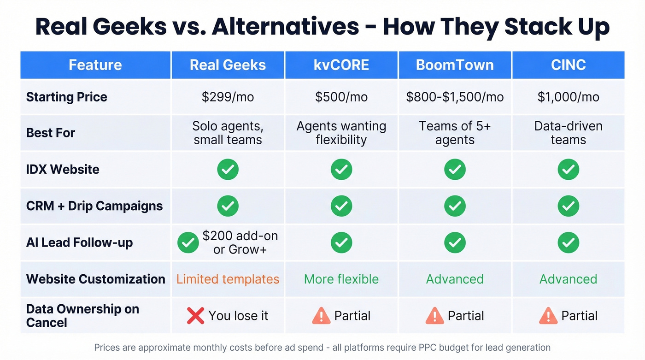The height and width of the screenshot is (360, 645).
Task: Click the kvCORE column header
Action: tap(341, 65)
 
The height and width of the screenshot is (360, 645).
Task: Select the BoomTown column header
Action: tap(455, 65)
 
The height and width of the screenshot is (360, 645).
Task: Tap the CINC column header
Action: tap(568, 65)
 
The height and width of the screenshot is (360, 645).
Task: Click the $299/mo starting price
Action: tap(228, 97)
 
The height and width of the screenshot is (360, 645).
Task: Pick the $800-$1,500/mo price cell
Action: tap(455, 97)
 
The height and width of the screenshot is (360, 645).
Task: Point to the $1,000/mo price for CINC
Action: tap(568, 97)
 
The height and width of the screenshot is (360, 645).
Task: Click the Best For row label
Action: tap(51, 133)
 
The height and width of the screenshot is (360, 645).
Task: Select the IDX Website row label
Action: tap(63, 169)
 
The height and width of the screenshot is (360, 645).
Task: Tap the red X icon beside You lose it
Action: tap(195, 316)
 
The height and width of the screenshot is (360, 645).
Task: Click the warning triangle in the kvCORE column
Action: tap(321, 316)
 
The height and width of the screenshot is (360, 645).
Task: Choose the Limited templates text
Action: tap(228, 279)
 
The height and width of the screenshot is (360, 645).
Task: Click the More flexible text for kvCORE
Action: tap(341, 279)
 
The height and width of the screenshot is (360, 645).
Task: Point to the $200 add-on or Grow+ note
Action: tap(240, 242)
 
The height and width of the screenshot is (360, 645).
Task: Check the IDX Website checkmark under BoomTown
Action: tap(455, 170)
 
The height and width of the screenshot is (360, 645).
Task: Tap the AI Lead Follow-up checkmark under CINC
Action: tap(568, 242)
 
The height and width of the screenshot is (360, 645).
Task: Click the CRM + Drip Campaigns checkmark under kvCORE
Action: tap(341, 206)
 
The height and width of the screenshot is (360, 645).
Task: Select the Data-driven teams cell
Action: tap(568, 133)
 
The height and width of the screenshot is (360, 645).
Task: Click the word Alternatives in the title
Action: tap(285, 27)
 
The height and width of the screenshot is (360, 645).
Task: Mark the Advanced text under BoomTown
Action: tap(455, 279)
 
